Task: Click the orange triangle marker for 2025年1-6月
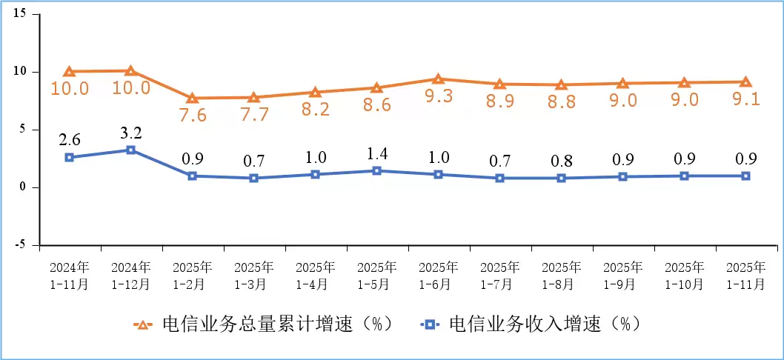[438, 79]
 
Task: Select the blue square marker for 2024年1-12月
[130, 150]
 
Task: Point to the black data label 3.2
[130, 133]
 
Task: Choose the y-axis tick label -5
[21, 244]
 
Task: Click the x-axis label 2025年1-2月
[192, 275]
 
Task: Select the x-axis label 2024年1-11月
[69, 275]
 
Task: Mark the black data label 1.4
[376, 154]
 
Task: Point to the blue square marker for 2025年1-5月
[376, 170]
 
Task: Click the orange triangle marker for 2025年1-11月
[745, 82]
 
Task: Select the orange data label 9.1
[745, 99]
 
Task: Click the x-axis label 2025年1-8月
[561, 275]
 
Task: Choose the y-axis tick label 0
[24, 187]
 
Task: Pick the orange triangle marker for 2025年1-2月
[192, 98]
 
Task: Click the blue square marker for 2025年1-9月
[622, 176]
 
